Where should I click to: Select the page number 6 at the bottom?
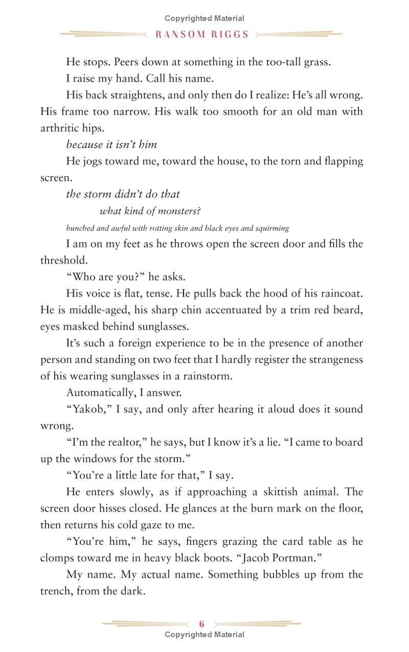point(202,623)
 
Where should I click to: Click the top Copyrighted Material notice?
point(204,18)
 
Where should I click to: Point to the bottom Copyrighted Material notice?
point(204,635)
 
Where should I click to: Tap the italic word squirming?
point(271,228)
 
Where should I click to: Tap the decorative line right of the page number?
point(258,623)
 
